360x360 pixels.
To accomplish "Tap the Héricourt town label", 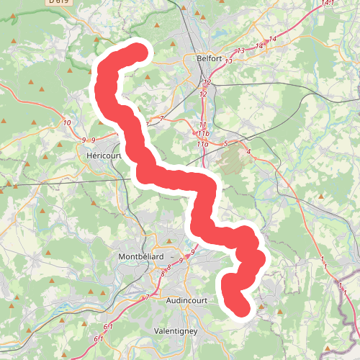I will click(x=102, y=155).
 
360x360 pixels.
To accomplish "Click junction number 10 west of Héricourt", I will click(x=67, y=123).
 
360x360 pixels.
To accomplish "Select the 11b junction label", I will click(x=203, y=134).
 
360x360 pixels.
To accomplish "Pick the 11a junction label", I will click(x=202, y=145).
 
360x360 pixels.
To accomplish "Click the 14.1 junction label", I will click(x=328, y=4).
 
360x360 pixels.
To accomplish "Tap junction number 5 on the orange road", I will click(x=225, y=144).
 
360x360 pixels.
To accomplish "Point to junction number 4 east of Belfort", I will click(x=248, y=152).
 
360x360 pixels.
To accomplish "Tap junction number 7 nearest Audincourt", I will click(x=147, y=297).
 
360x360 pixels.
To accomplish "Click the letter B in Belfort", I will click(x=198, y=60).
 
